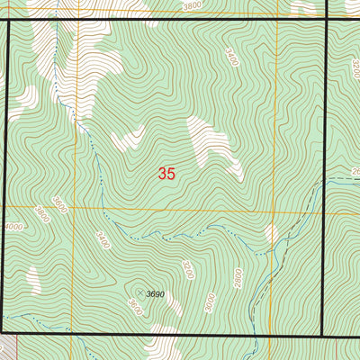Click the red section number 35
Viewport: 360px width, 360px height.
pyautogui.click(x=166, y=174)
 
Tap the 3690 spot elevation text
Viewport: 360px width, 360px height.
pyautogui.click(x=156, y=294)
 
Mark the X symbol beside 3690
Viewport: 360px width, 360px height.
pyautogui.click(x=140, y=292)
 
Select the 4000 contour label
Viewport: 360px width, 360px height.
pyautogui.click(x=13, y=227)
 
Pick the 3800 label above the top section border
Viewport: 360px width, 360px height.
pyautogui.click(x=192, y=5)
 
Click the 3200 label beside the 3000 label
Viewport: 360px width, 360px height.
pyautogui.click(x=187, y=270)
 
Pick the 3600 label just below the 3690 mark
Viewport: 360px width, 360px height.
pyautogui.click(x=135, y=307)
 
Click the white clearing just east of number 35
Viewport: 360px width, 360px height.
pyautogui.click(x=216, y=144)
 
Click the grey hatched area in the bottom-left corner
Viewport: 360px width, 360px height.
pyautogui.click(x=8, y=346)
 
